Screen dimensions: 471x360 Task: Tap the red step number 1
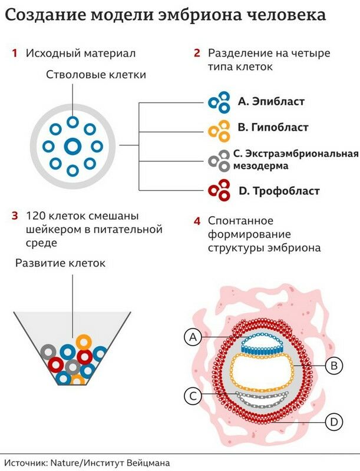point(14,54)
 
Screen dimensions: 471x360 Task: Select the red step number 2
point(197,54)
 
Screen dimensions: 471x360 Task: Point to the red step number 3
point(14,215)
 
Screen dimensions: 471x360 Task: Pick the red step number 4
point(197,221)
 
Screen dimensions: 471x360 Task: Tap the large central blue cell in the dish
point(72,146)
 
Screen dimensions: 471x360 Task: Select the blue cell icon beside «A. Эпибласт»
point(220,102)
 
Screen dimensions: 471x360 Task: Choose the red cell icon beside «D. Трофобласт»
point(220,190)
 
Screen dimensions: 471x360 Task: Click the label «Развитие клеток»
point(60,263)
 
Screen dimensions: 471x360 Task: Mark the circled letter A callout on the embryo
point(192,337)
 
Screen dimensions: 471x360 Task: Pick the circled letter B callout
point(333,366)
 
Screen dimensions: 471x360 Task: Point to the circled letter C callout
point(192,396)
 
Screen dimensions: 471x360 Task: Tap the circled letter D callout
point(333,422)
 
